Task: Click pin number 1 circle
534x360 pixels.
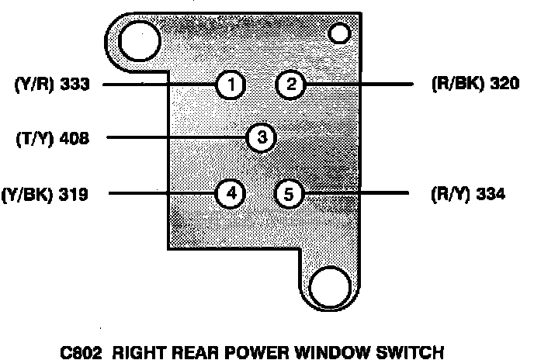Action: tap(231, 85)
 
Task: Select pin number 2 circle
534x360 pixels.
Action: tap(290, 85)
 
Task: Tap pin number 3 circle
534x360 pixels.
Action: tap(262, 138)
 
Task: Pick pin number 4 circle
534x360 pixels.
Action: tap(231, 192)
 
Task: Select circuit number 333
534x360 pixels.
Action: tap(75, 85)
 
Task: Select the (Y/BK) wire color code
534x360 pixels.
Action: tap(27, 194)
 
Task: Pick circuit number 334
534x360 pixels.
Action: tap(491, 194)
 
